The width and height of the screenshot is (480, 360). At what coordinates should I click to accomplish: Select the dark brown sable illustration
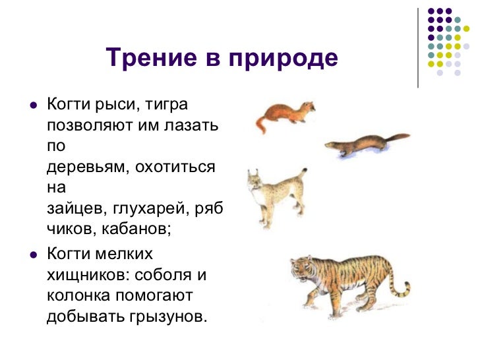pyautogui.click(x=363, y=144)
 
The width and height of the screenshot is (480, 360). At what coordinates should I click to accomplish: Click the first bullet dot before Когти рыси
pyautogui.click(x=31, y=105)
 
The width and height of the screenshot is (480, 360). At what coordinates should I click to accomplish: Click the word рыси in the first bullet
pyautogui.click(x=117, y=105)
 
